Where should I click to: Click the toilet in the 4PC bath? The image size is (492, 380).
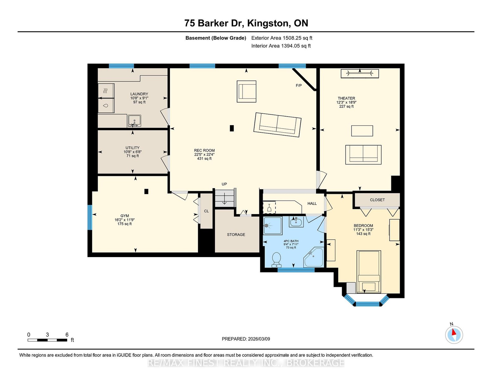pos(276,260)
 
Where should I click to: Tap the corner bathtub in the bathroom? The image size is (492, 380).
pos(314,258)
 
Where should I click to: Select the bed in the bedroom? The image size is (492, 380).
pos(369,272)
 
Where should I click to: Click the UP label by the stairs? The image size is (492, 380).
pos(224,184)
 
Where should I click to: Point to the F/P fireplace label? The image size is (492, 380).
pos(299,85)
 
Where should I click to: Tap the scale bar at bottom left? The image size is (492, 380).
pos(47,340)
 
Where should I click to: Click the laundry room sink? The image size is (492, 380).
pos(134,121)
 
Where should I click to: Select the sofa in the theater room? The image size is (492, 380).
pos(363,155)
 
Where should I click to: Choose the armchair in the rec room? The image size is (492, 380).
pos(246,91)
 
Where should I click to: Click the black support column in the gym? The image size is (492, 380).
pos(146,191)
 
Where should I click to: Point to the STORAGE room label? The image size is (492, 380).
pos(236,235)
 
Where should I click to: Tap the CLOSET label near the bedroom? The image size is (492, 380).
pos(377,200)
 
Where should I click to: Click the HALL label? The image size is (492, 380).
pos(312,203)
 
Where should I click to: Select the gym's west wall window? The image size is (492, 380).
pos(90,217)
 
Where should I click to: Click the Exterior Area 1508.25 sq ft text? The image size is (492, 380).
pos(282,38)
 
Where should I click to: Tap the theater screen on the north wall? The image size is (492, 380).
pos(360,74)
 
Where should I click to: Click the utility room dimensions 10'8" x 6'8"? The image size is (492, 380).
pos(133,152)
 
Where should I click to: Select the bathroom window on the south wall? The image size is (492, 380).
pos(296,270)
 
